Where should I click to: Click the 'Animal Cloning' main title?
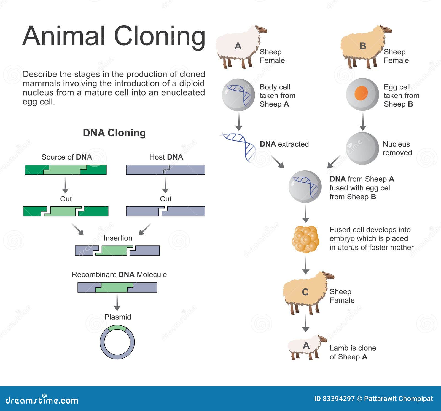pos(114,36)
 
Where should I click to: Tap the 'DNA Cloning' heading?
pos(114,133)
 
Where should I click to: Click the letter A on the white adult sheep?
pos(238,46)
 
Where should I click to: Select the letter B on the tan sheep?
pos(363,46)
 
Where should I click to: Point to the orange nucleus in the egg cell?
pos(361,93)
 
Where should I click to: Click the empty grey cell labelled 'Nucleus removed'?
pos(362,148)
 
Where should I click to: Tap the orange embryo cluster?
pos(305,239)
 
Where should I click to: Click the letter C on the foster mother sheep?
pos(305,292)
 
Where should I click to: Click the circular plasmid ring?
pos(117,327)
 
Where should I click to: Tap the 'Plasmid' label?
pos(118,317)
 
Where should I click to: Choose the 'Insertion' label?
pos(118,238)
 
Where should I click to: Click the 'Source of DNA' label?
pos(67,157)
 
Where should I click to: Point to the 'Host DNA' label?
pos(166,157)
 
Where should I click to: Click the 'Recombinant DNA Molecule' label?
pos(119,275)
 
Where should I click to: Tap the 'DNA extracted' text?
pos(284,144)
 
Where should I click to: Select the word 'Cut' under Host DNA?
pos(166,199)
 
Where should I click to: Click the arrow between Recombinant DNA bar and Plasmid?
pos(117,302)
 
